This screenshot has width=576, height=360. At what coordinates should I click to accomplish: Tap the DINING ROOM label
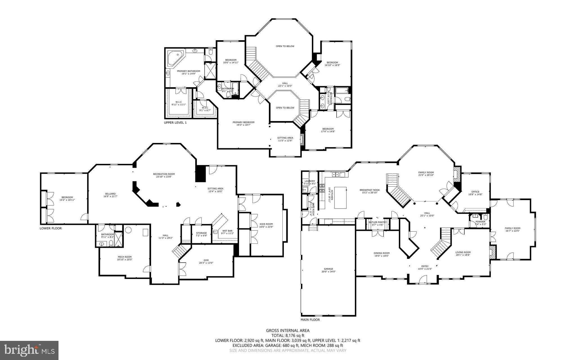coord(381,253)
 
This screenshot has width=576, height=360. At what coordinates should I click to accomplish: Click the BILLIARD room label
coord(110,194)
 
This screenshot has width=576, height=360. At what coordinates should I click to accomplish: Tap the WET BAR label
coord(227,231)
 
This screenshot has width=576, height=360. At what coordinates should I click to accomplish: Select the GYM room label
coord(206,260)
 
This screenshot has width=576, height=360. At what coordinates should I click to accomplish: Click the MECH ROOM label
coord(125,257)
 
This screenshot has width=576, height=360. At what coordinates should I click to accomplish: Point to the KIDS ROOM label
coord(266,223)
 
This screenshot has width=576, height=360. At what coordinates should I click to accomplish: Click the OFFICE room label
coord(475,192)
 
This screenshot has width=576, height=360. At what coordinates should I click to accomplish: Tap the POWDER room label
coord(480,222)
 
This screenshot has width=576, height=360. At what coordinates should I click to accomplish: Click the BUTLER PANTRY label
coord(377,222)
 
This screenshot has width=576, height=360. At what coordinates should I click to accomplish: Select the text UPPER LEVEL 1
coord(175,123)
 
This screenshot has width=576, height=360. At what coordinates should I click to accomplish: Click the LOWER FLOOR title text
coord(51,228)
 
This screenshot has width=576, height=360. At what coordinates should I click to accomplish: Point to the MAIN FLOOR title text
coord(310,320)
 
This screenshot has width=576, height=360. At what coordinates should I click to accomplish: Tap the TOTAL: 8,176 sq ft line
coord(287,336)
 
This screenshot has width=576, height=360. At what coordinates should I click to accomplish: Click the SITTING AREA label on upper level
coord(285,138)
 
